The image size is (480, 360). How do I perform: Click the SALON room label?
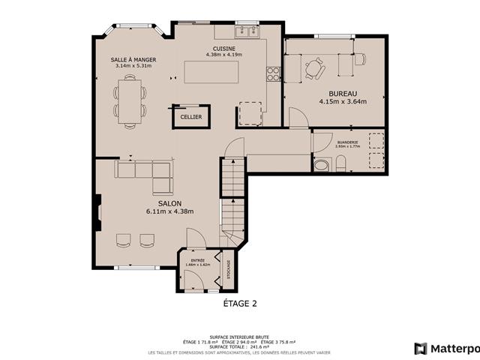[x=169, y=203]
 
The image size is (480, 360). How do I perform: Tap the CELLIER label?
[x=190, y=117]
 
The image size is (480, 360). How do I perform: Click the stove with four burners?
[x=274, y=73]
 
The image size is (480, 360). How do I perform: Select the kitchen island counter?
[x=212, y=72]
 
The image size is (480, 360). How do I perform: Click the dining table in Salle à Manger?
[x=130, y=103]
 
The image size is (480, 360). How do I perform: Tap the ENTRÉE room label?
[x=198, y=260]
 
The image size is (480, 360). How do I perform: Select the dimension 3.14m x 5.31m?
[x=133, y=66]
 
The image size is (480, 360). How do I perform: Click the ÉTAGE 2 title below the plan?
[x=240, y=304]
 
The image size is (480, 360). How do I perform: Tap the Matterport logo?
[x=446, y=348]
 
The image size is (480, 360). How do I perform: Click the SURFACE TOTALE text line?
[x=240, y=346]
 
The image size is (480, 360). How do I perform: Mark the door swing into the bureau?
[x=298, y=118]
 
